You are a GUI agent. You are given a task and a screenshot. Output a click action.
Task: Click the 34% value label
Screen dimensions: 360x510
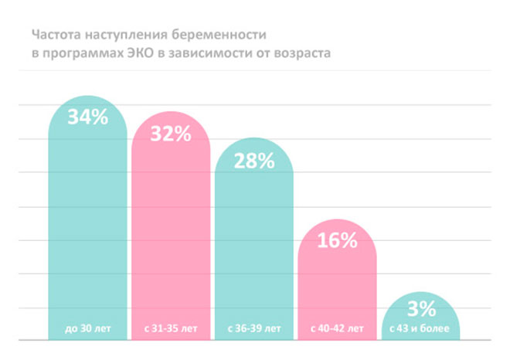(87, 118)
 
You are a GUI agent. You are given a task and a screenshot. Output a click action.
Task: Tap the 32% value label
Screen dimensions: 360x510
(171, 134)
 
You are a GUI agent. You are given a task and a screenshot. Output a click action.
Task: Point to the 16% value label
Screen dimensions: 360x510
(338, 240)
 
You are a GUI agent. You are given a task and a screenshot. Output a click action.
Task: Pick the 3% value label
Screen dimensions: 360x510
(421, 308)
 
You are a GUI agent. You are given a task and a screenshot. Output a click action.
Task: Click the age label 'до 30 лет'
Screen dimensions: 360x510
(87, 328)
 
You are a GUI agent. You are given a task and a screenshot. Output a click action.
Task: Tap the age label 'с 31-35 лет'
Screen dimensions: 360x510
(171, 328)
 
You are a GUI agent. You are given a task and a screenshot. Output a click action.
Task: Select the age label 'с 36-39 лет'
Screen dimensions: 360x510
(254, 328)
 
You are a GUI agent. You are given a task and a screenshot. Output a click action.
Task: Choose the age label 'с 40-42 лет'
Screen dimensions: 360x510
(338, 328)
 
